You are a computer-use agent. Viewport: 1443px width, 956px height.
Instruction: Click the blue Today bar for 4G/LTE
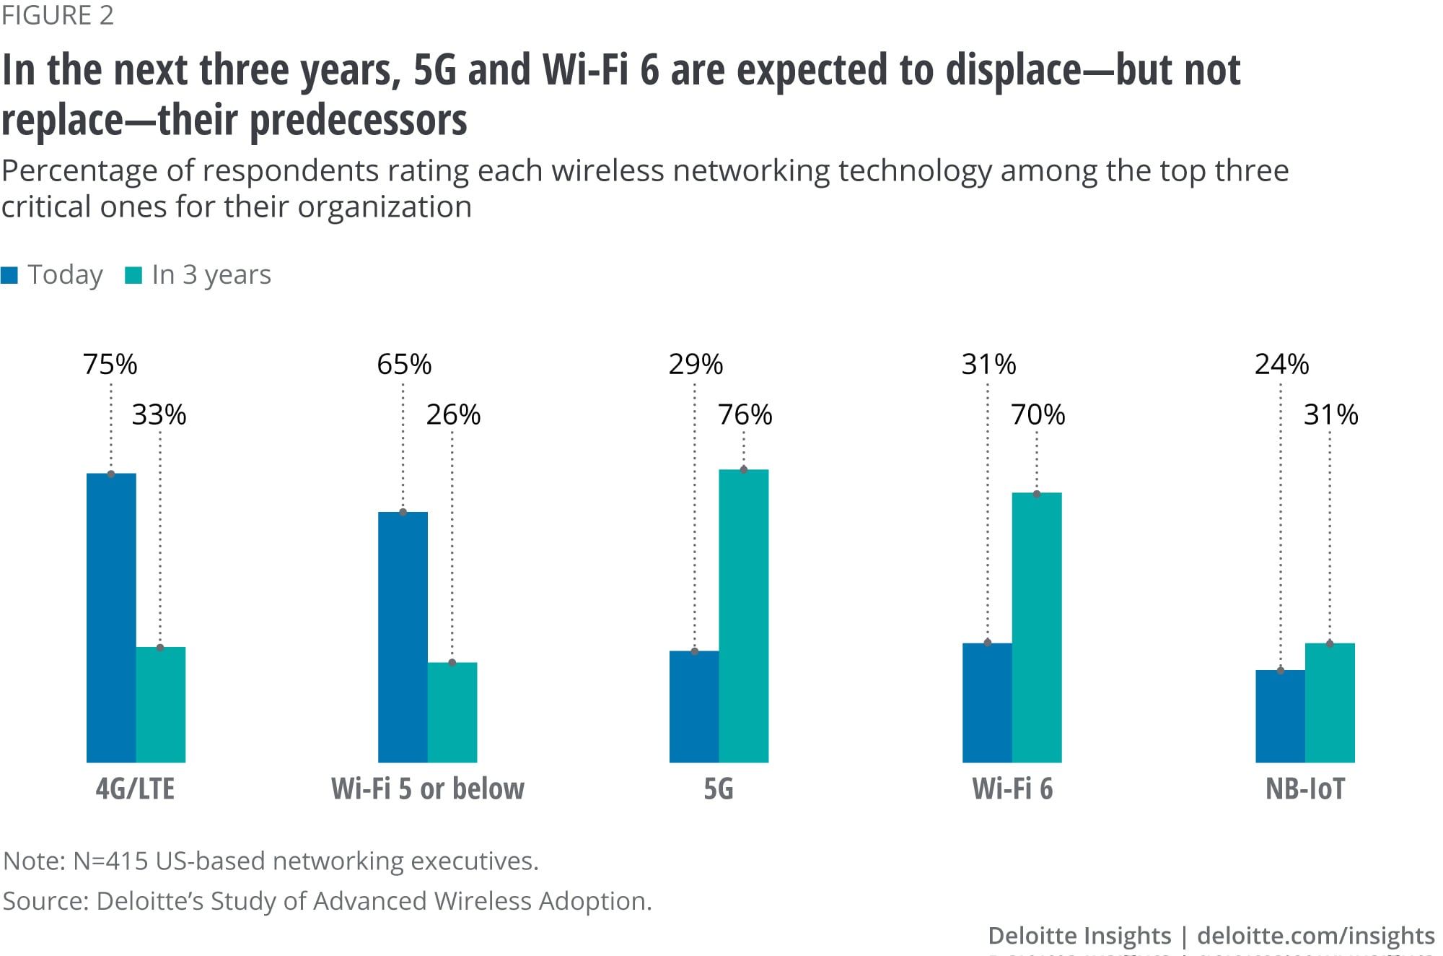111,617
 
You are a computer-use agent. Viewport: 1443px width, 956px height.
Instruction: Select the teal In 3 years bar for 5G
744,616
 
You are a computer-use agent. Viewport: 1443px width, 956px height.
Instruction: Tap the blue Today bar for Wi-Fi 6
987,703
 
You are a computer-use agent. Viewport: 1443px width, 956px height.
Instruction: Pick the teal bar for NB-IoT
1330,703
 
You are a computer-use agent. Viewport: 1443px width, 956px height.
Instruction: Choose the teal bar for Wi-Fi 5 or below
452,712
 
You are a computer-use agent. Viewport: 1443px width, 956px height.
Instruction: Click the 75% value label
110,364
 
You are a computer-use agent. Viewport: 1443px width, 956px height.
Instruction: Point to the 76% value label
745,414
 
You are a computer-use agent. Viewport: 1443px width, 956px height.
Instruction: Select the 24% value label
1281,364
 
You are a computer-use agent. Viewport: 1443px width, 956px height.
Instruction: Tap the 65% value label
404,364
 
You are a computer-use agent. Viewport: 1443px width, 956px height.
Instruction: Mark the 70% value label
1038,414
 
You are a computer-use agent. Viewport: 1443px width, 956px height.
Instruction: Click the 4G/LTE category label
135,788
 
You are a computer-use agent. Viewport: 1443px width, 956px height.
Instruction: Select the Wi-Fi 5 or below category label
428,788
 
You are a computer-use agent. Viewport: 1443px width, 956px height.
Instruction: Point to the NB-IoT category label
1305,788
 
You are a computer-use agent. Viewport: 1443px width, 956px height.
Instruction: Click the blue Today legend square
9,275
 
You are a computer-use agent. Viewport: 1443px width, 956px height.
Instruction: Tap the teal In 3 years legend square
133,275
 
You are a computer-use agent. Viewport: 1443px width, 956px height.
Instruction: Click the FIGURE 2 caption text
58,15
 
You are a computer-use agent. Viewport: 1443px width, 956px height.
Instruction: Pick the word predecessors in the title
359,120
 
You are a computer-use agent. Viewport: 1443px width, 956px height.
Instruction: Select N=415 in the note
110,861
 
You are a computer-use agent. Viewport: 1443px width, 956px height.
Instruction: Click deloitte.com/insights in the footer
1315,935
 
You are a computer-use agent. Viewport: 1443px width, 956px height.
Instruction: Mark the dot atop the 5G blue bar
695,651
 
